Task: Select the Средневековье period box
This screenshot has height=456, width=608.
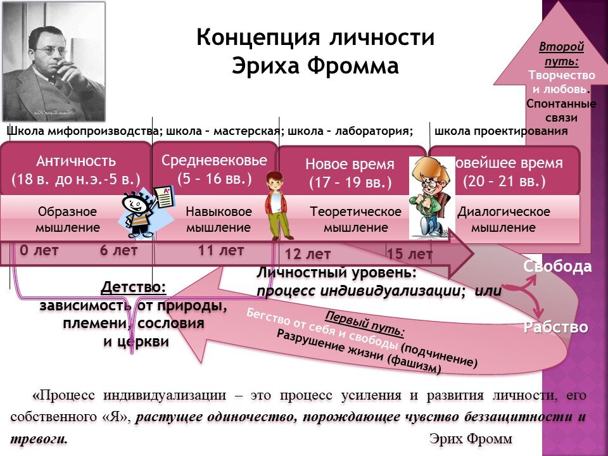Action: tap(215, 168)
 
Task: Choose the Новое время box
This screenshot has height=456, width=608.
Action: tap(350, 173)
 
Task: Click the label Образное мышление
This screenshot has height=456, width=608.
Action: tap(68, 219)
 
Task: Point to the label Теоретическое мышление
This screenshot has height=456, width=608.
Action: tap(355, 219)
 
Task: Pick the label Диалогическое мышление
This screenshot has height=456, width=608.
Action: tap(503, 219)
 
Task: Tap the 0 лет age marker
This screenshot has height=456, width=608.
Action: tap(39, 251)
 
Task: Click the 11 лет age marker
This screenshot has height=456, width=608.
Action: tap(220, 251)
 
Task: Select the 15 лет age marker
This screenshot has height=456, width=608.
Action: tap(409, 255)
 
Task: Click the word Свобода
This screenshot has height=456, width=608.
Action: tap(557, 267)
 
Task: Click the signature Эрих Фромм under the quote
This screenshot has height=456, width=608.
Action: tap(470, 438)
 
